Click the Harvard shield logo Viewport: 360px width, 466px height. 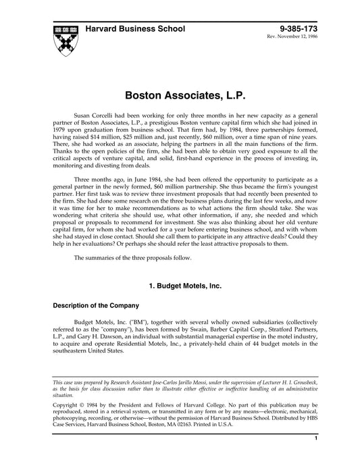pyautogui.click(x=65, y=36)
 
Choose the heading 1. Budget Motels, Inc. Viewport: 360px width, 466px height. pyautogui.click(x=180, y=286)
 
